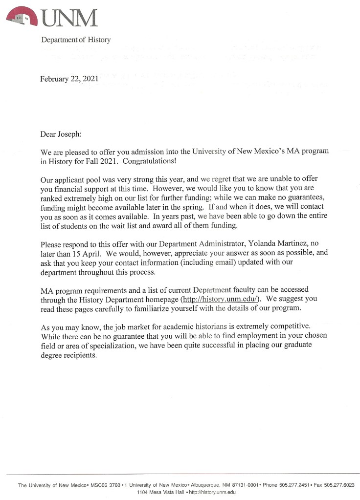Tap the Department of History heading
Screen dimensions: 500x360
click(x=76, y=40)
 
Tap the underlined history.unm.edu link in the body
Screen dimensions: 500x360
click(x=221, y=299)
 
